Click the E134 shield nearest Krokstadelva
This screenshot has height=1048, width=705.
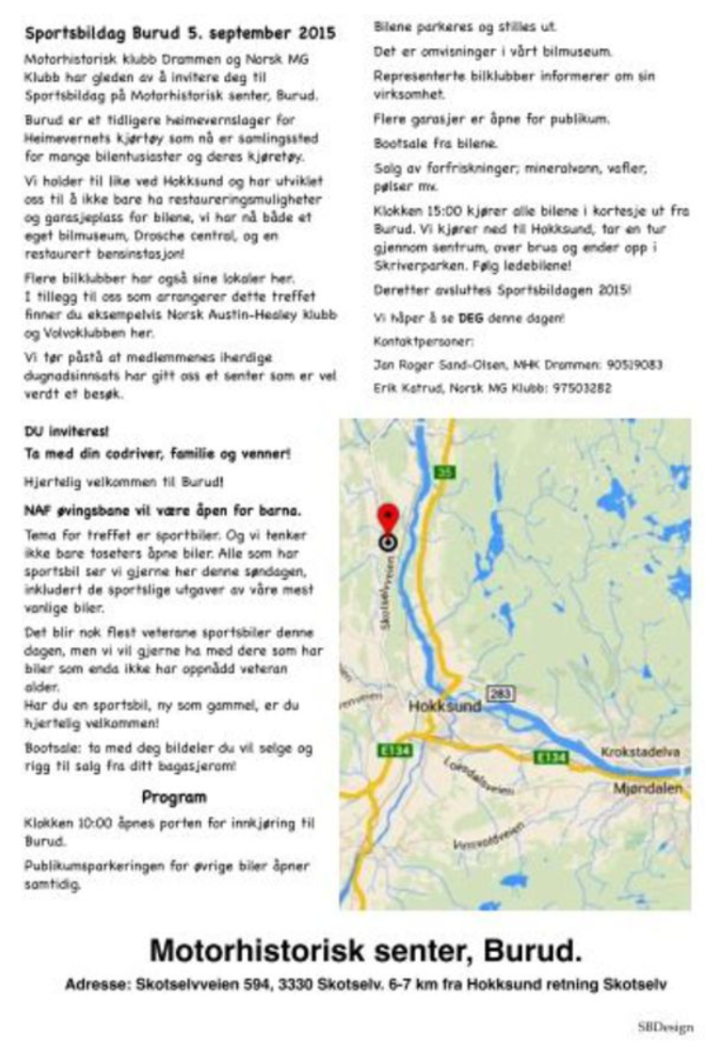pyautogui.click(x=550, y=756)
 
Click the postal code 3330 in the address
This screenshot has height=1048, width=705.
pyautogui.click(x=338, y=986)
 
